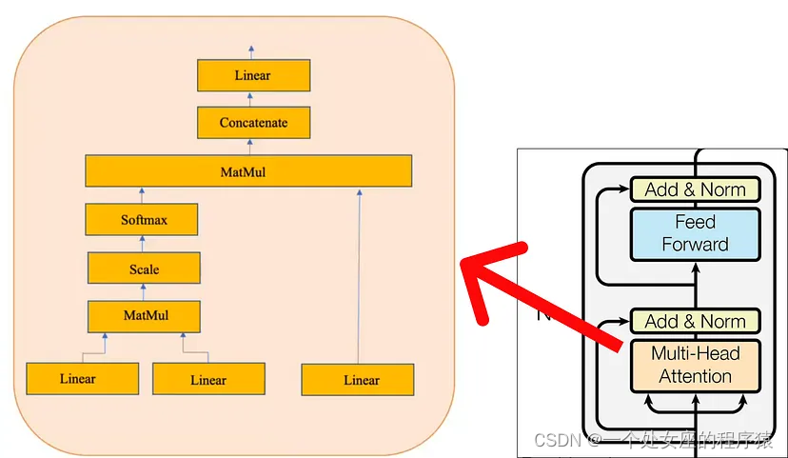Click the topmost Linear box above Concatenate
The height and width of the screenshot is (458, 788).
click(252, 75)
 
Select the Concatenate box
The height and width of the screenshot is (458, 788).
click(253, 123)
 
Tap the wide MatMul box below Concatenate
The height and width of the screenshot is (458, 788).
click(247, 171)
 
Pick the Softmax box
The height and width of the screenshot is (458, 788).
click(143, 220)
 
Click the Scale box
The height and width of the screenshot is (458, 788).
click(144, 269)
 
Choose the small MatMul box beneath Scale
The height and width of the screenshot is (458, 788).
click(144, 315)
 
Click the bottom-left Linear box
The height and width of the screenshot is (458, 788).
click(77, 379)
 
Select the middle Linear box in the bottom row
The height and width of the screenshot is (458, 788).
click(208, 380)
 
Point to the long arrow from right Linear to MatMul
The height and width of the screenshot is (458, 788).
click(359, 276)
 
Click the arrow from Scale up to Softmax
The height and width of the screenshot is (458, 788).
click(143, 244)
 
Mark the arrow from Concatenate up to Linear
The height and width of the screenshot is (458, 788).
click(253, 99)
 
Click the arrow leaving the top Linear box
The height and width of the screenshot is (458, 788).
click(252, 51)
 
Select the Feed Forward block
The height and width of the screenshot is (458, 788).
click(695, 233)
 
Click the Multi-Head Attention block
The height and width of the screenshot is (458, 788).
click(695, 365)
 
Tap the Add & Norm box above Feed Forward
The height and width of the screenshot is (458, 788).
click(695, 189)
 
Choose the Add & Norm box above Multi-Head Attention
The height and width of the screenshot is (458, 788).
click(695, 321)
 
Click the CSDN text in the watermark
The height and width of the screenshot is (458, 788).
click(557, 440)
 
